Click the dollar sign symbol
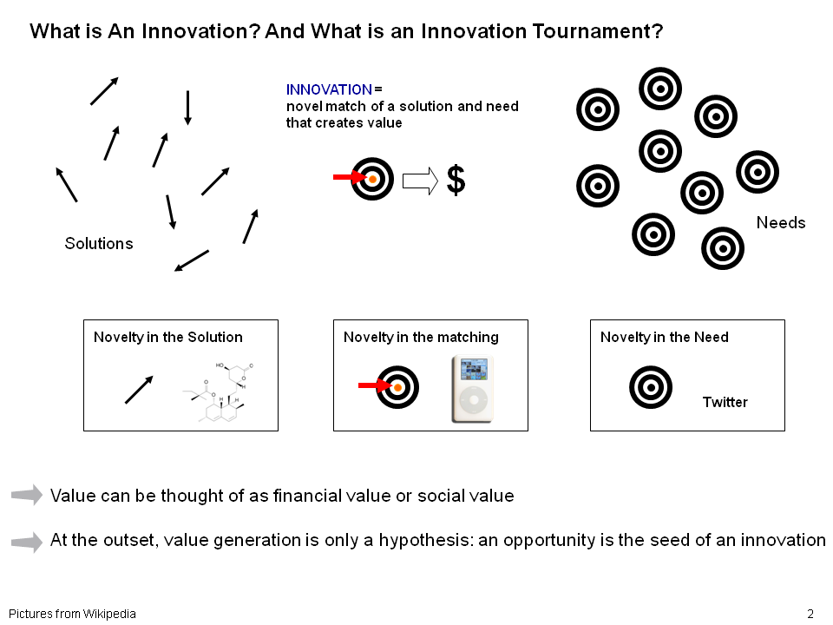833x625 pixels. tap(456, 181)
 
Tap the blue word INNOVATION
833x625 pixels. tap(329, 89)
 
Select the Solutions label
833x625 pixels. tap(99, 243)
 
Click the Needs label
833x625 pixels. tap(780, 223)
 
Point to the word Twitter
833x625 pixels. tap(725, 402)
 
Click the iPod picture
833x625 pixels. tap(472, 390)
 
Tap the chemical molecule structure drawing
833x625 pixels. tap(219, 391)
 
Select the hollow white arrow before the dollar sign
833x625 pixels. tap(420, 181)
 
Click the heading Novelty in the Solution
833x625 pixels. tap(167, 338)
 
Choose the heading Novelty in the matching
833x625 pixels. tap(421, 338)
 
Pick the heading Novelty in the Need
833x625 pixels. tap(664, 338)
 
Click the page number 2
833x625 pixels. tap(810, 614)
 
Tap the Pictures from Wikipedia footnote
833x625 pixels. tap(72, 614)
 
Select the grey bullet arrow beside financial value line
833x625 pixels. tap(27, 495)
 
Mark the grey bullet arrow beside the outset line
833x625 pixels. tap(27, 542)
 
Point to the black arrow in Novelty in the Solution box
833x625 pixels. tap(139, 390)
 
